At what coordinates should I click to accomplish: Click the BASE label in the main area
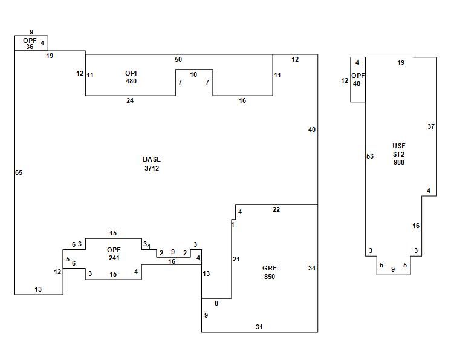pos(152,159)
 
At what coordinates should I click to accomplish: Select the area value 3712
pos(152,168)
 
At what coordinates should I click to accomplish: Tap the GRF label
pos(269,268)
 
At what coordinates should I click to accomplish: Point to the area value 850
pos(269,277)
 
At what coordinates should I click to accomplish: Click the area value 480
pos(131,81)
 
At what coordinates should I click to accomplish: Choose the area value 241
pos(114,258)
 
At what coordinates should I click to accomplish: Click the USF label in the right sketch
pos(398,146)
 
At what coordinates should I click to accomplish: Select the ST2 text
pos(398,154)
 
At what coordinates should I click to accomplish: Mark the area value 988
pos(398,162)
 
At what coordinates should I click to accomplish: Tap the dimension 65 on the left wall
pos(19,173)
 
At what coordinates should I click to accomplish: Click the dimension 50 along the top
pos(178,59)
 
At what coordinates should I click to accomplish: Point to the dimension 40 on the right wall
pos(312,129)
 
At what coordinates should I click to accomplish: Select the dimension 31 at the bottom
pos(259,327)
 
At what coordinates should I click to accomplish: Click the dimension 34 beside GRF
pos(311,268)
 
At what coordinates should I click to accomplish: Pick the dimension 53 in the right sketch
pos(370,157)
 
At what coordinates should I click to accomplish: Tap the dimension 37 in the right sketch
pos(431,127)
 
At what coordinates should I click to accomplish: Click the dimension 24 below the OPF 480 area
pos(130,101)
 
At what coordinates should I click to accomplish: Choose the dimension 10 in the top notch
pos(193,75)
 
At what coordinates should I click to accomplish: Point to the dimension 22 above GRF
pos(276,210)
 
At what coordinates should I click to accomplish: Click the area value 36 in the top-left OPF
pos(30,47)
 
